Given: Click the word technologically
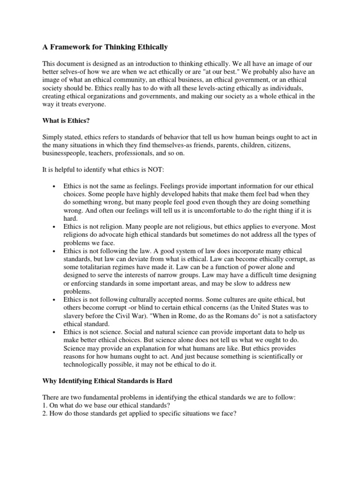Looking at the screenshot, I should point(88,364).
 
